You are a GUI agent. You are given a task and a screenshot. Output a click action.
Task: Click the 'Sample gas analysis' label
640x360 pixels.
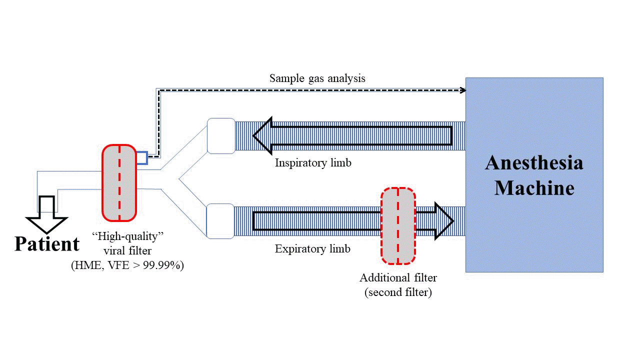[317, 78]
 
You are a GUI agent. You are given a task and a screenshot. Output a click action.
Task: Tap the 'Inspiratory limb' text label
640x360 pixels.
[313, 163]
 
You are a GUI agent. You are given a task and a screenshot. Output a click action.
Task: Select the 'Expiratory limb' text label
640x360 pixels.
[312, 248]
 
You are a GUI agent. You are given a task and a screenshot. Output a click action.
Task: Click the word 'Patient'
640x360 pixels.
[47, 244]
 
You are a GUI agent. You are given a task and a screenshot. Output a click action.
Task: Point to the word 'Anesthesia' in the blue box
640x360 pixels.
[534, 163]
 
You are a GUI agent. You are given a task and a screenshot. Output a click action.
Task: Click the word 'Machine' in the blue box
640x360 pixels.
[534, 188]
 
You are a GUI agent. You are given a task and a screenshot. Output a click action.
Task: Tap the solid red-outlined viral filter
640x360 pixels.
[119, 182]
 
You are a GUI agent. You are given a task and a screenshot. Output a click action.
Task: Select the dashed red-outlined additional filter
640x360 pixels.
[398, 225]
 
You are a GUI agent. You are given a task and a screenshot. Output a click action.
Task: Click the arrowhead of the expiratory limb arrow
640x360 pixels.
[443, 220]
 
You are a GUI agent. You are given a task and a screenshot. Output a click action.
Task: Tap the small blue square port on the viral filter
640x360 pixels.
[141, 158]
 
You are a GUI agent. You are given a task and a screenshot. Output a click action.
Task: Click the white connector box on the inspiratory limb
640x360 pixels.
[220, 135]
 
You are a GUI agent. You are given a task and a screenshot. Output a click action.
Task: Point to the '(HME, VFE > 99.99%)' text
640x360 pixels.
[127, 266]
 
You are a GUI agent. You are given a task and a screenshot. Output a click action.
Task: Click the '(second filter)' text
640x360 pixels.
[398, 292]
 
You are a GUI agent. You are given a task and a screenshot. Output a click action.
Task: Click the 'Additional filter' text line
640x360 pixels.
[398, 278]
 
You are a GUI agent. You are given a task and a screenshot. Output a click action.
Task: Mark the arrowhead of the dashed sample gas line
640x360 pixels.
[463, 90]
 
